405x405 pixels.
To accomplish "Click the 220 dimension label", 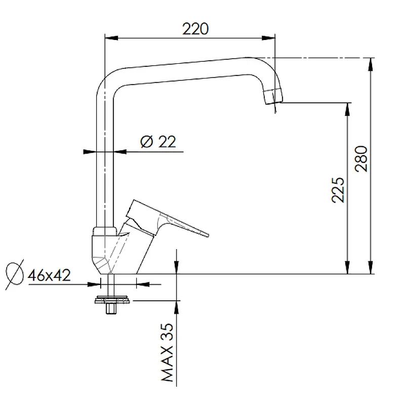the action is pyautogui.click(x=195, y=29).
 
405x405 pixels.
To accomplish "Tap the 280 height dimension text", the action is pyautogui.click(x=361, y=159).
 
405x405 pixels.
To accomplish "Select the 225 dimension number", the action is pyautogui.click(x=338, y=190).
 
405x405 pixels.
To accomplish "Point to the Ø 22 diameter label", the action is pyautogui.click(x=158, y=142).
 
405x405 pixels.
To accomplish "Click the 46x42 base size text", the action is pyautogui.click(x=49, y=275).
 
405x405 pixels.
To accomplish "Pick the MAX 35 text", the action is pyautogui.click(x=167, y=352).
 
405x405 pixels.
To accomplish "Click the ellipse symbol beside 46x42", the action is pyautogui.click(x=15, y=274).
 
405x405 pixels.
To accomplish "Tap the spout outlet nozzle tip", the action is pyautogui.click(x=273, y=96).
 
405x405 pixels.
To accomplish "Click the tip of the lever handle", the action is pyautogui.click(x=207, y=234).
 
